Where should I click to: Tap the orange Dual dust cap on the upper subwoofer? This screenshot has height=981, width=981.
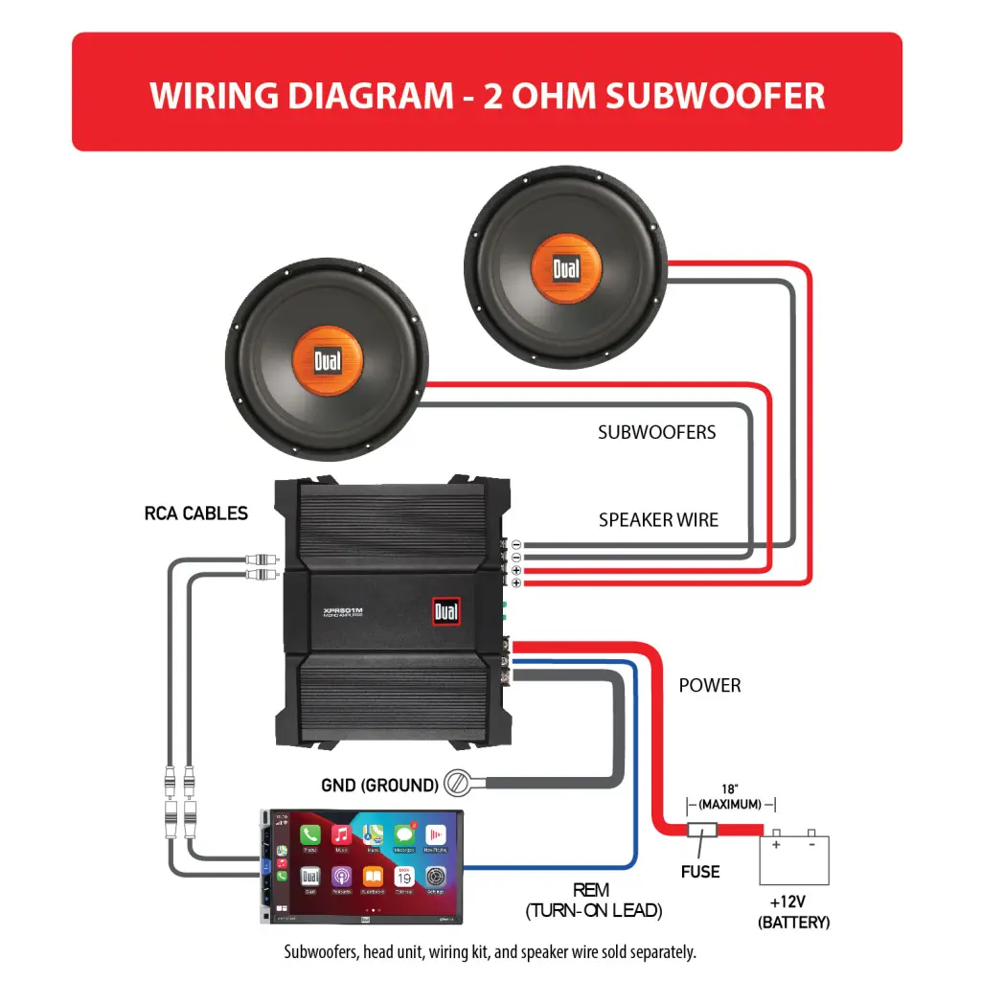(566, 269)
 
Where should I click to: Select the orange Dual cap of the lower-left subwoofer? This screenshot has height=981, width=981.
(327, 360)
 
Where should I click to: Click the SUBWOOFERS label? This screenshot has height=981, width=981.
(656, 432)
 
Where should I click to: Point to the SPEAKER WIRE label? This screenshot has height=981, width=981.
(658, 520)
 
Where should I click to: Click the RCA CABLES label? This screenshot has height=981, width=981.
(195, 513)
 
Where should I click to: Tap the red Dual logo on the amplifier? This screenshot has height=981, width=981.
(445, 610)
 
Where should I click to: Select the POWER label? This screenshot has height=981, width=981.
(710, 686)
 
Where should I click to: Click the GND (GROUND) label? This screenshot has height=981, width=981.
(379, 786)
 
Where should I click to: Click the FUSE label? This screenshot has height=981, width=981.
(700, 872)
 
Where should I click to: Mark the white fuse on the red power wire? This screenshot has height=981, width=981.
(704, 832)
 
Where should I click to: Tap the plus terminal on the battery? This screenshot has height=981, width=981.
(777, 845)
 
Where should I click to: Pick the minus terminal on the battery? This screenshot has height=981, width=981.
(810, 845)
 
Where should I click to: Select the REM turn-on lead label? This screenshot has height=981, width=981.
(593, 901)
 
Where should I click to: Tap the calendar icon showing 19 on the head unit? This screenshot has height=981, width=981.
(403, 876)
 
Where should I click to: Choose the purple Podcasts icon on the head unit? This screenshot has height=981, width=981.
(341, 876)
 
